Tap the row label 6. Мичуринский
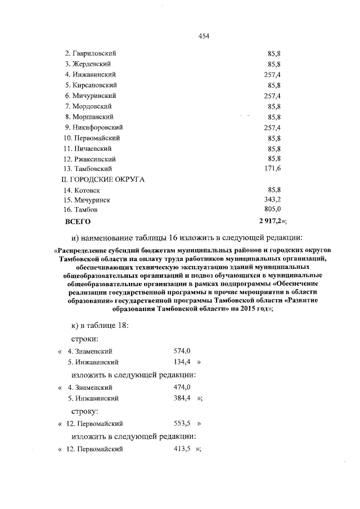90,96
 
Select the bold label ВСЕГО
78,222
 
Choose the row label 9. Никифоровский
93,127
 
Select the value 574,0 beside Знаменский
182,352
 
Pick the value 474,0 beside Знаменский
182,388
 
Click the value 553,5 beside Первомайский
182,423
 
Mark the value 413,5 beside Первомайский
182,449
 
